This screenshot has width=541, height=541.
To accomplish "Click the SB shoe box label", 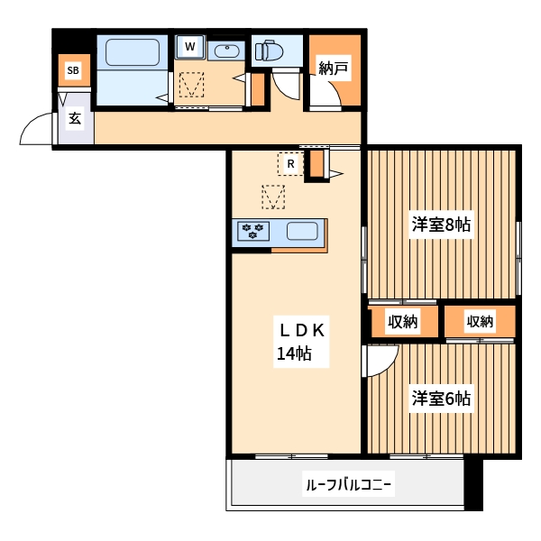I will coord(72,69).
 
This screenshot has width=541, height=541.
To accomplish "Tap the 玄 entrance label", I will coord(76,117).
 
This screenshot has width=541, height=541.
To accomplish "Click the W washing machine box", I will coord(190,46).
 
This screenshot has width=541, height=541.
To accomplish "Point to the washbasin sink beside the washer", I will coord(225,50).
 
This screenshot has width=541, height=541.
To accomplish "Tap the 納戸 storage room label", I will coord(334,68).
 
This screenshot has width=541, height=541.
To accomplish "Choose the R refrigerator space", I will coord(290,164).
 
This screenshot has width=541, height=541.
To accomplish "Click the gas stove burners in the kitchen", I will coord(253,232).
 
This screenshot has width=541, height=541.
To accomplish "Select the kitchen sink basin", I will coord(302,232).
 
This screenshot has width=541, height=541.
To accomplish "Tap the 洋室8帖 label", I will coord(443,225).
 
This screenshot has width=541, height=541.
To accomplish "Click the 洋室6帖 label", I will coord(443,397).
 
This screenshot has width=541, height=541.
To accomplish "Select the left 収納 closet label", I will coord(402,322).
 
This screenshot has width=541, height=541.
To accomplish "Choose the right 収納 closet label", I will coord(480,322).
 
